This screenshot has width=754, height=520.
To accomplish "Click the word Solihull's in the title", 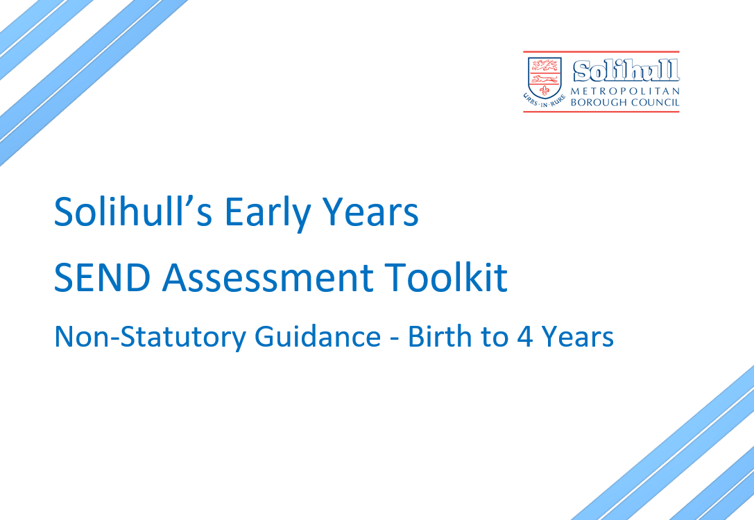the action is [x=133, y=211].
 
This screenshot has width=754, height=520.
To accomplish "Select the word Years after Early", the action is [x=370, y=211].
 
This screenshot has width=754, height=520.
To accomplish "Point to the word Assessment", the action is [x=268, y=278].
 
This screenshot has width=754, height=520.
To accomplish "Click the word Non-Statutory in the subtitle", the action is [x=150, y=337].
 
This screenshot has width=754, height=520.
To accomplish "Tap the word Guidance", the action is [x=318, y=336].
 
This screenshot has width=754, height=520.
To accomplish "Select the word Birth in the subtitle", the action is [x=440, y=336].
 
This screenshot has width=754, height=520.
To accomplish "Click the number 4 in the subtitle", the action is [x=524, y=337].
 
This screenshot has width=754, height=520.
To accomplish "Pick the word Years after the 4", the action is [x=578, y=337].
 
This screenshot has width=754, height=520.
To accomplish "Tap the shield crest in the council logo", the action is [x=545, y=78].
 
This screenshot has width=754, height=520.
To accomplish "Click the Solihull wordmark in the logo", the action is [x=626, y=71].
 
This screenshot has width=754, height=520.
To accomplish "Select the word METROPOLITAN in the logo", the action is [x=625, y=91].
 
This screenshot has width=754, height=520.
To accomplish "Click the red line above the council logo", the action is [x=601, y=51].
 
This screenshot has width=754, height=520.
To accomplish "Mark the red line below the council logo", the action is [x=601, y=112].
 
